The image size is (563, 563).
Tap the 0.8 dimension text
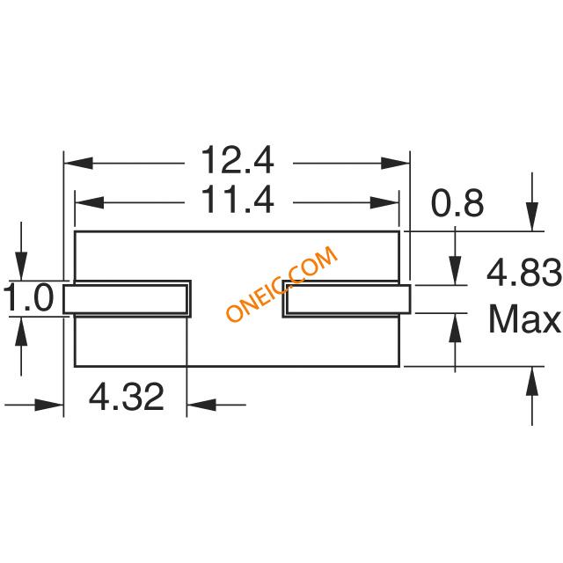pyautogui.click(x=457, y=204)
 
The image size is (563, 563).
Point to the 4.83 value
pyautogui.click(x=524, y=276)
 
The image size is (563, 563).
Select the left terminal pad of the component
pyautogui.click(x=127, y=299)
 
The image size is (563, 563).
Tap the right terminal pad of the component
pyautogui.click(x=346, y=299)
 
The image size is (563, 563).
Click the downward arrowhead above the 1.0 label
pyautogui.click(x=22, y=273)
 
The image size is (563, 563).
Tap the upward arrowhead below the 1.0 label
pyautogui.click(x=22, y=325)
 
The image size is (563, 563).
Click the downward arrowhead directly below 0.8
pyautogui.click(x=455, y=274)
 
